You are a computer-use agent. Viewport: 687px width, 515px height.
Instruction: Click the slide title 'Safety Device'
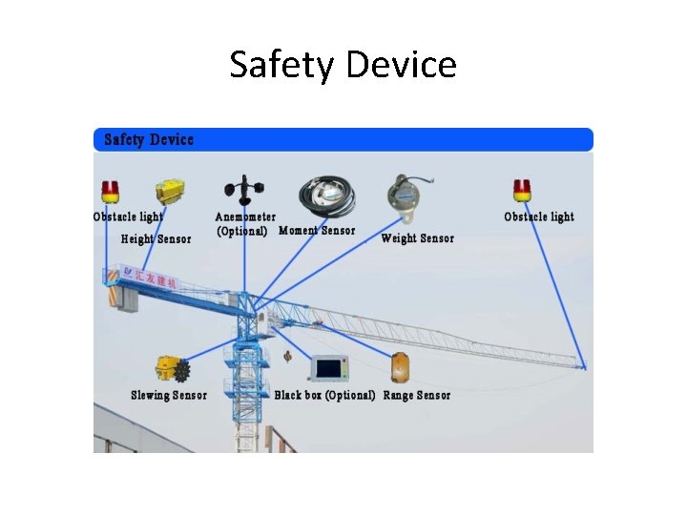point(343,65)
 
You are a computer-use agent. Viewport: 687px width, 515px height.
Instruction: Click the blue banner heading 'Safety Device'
point(149,140)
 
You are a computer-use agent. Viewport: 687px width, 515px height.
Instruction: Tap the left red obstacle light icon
point(111,191)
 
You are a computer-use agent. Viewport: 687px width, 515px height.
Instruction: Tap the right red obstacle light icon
point(521,189)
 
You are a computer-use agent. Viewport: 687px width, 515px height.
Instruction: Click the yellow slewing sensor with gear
point(173,369)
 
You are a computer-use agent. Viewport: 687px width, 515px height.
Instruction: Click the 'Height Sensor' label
point(156,239)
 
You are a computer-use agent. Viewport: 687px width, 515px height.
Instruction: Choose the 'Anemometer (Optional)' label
point(244,224)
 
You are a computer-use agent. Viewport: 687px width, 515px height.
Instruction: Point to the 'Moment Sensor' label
point(316,231)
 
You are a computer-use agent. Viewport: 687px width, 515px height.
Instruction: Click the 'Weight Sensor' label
point(417,238)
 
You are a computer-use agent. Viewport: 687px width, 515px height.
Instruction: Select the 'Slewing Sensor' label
point(169,395)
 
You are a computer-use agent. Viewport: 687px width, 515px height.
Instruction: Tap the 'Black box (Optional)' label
point(324,395)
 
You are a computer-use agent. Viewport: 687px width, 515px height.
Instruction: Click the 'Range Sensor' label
point(417,395)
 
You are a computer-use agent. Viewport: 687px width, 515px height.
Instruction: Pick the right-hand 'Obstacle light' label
point(539,216)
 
